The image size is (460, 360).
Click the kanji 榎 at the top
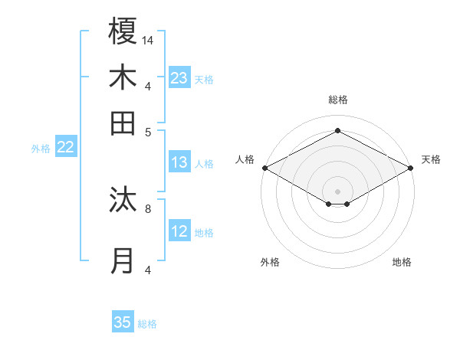tap(123, 32)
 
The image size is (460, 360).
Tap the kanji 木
tap(123, 77)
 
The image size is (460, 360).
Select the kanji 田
tap(123, 123)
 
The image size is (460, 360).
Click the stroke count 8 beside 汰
tap(148, 208)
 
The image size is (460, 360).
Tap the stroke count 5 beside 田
tap(148, 131)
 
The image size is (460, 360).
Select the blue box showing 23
tap(179, 78)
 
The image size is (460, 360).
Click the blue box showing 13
tap(179, 162)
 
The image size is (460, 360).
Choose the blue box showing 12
tap(179, 231)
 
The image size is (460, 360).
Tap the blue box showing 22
tap(65, 148)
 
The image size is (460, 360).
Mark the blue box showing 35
tap(123, 322)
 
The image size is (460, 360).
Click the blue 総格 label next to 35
tap(147, 324)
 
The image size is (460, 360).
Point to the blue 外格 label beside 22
tap(41, 149)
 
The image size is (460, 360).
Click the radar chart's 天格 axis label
tap(431, 159)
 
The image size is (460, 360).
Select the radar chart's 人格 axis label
tap(245, 159)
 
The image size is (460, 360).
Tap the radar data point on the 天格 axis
tap(412, 168)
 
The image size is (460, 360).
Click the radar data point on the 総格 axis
tap(337, 130)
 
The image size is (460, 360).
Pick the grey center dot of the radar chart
tap(337, 191)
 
